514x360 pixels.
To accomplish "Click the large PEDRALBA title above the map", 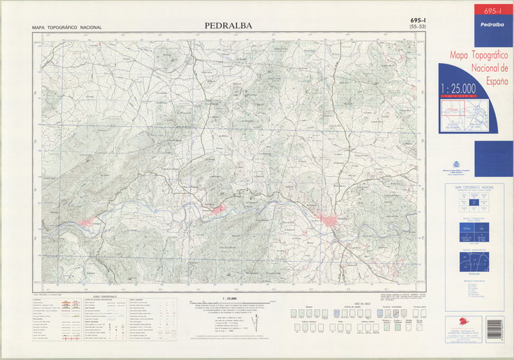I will tap(228, 26).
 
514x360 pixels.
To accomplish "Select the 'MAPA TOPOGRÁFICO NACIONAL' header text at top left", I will tap(67, 28).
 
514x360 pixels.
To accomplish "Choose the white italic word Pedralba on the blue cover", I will tap(493, 24).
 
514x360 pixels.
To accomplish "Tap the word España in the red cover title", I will tap(492, 82).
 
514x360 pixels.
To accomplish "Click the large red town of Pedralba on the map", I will tap(332, 222).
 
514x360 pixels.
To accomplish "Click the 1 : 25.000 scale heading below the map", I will tap(228, 299).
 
